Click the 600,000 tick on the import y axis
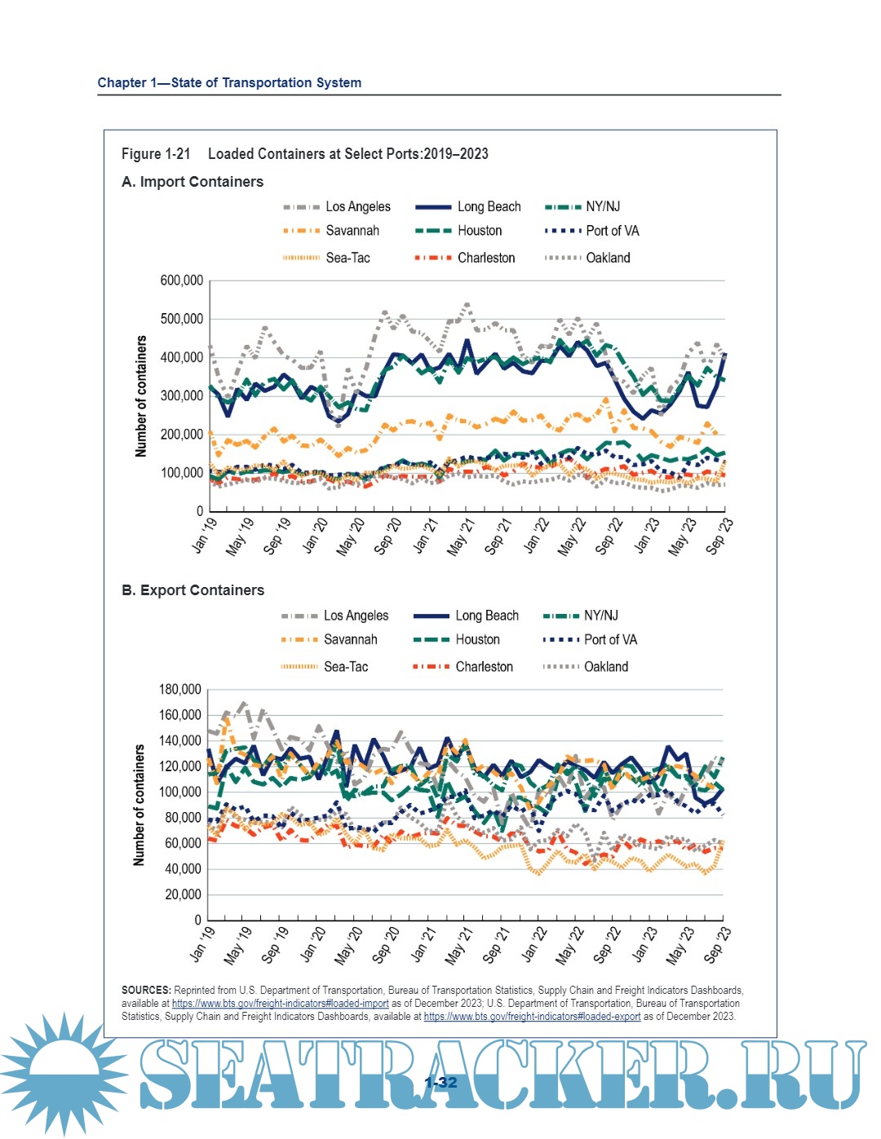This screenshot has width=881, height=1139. (x=182, y=280)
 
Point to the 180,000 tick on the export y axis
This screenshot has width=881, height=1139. (x=179, y=690)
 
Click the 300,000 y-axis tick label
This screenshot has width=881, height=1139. (x=182, y=396)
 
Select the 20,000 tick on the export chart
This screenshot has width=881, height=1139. (x=183, y=894)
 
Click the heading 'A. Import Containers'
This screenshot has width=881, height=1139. (x=193, y=182)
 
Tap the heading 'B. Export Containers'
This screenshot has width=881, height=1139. (x=193, y=590)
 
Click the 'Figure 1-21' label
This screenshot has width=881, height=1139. (x=156, y=154)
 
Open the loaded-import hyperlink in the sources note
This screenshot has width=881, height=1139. (x=280, y=1004)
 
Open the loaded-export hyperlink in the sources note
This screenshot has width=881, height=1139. (x=532, y=1017)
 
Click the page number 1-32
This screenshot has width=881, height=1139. (x=440, y=1083)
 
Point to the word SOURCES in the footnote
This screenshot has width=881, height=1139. (x=146, y=991)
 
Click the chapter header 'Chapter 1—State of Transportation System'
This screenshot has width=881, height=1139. (x=229, y=82)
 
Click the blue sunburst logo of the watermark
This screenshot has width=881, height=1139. (x=64, y=1073)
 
